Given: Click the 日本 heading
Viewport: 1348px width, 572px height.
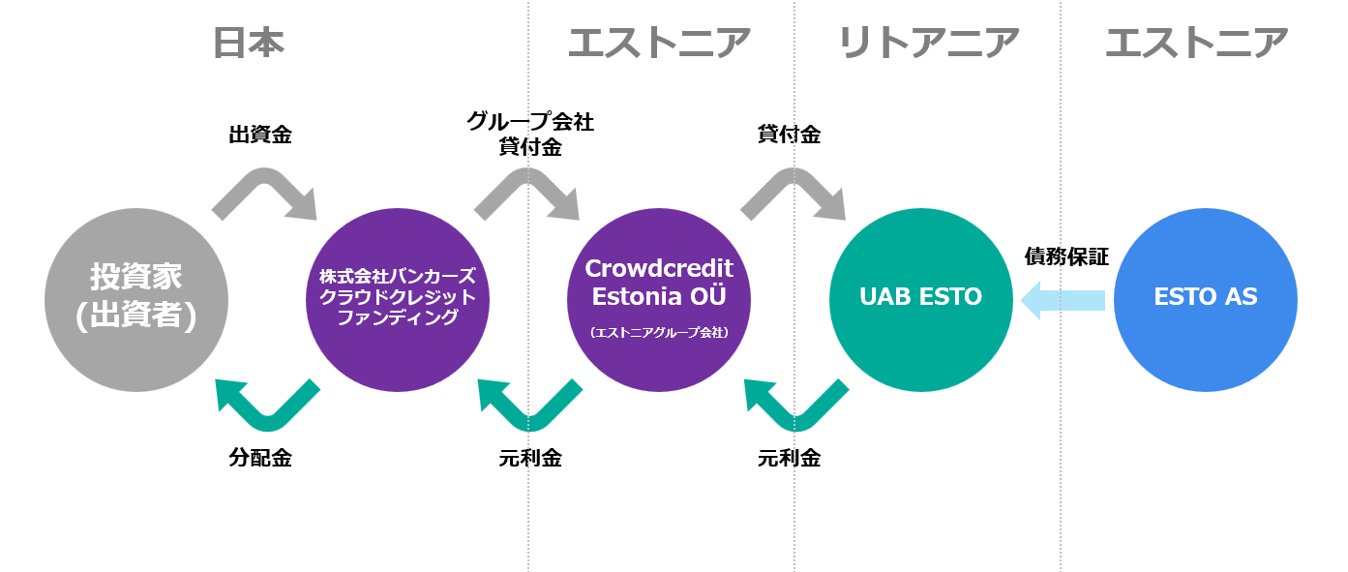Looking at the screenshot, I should (249, 44).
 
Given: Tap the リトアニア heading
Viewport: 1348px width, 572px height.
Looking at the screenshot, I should (928, 44).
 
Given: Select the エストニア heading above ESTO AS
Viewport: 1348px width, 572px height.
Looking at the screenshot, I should (1196, 44).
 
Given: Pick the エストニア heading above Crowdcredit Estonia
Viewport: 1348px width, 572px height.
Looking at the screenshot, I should (659, 44).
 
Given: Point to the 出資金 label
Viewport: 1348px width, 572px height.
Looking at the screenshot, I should (260, 135).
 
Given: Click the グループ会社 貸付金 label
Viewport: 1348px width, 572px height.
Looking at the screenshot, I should (530, 135).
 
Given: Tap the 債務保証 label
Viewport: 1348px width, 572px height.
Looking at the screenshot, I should (1066, 256).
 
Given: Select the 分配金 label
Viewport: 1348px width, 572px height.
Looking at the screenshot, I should (260, 458).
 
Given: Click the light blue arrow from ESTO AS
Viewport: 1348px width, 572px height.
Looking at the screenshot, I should (1063, 299).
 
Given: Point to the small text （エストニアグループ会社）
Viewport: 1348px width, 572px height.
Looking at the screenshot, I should (659, 332).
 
